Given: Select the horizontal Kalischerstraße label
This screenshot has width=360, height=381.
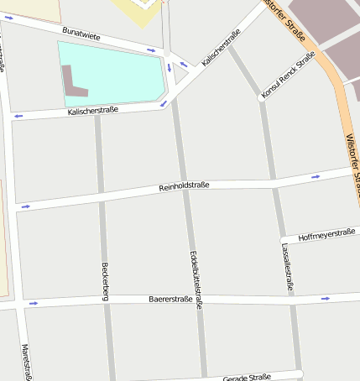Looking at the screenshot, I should click(x=92, y=110).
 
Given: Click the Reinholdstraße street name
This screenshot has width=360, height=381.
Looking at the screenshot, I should click(x=184, y=185).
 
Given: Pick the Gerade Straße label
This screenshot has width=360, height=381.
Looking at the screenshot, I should click(x=248, y=378).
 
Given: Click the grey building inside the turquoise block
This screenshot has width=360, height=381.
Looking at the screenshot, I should click(x=73, y=81).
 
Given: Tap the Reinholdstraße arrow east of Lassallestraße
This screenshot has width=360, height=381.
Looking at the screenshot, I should click(x=316, y=177).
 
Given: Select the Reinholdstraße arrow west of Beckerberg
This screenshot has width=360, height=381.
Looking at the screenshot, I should click(x=25, y=206).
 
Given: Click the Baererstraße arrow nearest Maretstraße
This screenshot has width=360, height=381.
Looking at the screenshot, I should click(x=34, y=303).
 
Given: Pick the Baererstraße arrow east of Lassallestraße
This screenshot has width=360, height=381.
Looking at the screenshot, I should click(x=325, y=298).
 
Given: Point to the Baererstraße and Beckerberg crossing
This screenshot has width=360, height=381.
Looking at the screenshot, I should click(x=106, y=300).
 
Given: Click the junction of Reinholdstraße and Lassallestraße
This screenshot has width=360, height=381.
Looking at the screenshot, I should click(x=273, y=180).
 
